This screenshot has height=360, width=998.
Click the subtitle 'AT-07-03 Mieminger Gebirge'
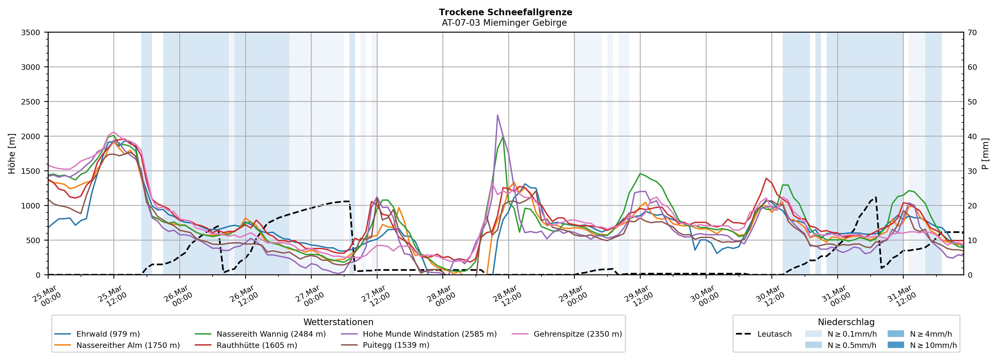[504, 23]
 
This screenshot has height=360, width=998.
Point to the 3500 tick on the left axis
[31, 33]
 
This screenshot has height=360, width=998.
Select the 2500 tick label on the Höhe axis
[31, 102]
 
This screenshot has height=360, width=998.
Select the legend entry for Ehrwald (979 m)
[108, 334]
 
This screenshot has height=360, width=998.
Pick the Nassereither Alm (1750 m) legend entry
[128, 345]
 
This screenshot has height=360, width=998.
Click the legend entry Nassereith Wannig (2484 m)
[271, 334]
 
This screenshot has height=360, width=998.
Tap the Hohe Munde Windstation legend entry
[429, 334]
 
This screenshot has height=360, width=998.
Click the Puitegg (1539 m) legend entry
[396, 345]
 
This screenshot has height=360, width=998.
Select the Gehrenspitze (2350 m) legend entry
[577, 334]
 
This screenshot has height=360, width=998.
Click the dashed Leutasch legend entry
[774, 334]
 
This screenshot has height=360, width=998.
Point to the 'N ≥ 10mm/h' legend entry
[933, 345]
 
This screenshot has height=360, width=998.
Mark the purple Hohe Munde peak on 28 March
[498, 115]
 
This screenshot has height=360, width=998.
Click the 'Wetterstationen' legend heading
[338, 322]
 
